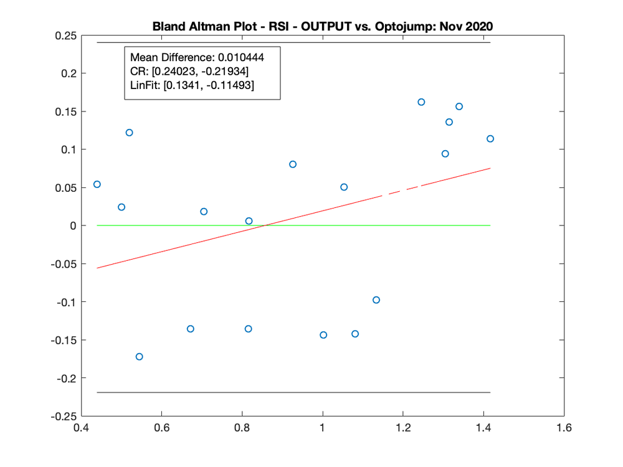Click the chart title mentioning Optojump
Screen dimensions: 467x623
pyautogui.click(x=323, y=27)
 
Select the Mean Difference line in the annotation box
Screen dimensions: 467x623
pyautogui.click(x=197, y=57)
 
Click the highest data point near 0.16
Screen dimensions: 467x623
pyautogui.click(x=421, y=102)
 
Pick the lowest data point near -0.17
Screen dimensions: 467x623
pyautogui.click(x=139, y=357)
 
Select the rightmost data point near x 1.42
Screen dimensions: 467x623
pyautogui.click(x=490, y=139)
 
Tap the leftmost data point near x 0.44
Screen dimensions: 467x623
pyautogui.click(x=97, y=184)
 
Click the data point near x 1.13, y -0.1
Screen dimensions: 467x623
pyautogui.click(x=376, y=300)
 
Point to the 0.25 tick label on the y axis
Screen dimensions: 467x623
pyautogui.click(x=64, y=35)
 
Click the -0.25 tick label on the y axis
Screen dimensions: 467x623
pyautogui.click(x=62, y=416)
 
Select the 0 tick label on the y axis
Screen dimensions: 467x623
pyautogui.click(x=72, y=226)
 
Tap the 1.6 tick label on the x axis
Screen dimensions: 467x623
pyautogui.click(x=564, y=429)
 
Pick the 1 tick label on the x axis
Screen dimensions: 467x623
pyautogui.click(x=323, y=429)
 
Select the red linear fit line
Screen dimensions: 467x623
pyautogui.click(x=187, y=245)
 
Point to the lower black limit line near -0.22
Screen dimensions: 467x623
pyautogui.click(x=293, y=392)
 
